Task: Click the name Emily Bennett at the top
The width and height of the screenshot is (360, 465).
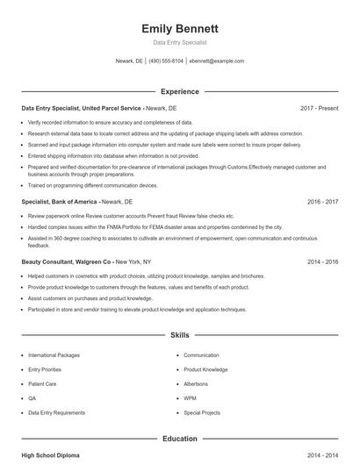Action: [179, 29]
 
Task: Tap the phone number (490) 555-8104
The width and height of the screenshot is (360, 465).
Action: [166, 61]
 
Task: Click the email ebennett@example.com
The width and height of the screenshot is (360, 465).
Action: [216, 61]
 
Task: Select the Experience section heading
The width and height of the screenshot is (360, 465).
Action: [179, 91]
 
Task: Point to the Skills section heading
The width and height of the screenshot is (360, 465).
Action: [179, 335]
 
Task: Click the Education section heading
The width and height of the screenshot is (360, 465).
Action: [179, 438]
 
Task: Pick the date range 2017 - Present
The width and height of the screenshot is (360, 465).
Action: [319, 108]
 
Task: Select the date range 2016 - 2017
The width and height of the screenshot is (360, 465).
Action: [322, 201]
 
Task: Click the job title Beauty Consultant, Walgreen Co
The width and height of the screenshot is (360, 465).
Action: [67, 261]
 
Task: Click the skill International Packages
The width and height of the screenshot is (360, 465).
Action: [54, 355]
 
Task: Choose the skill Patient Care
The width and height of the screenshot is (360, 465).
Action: [42, 383]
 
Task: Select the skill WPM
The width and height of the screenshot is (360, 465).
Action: [191, 397]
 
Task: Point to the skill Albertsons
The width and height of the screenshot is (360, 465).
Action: [197, 383]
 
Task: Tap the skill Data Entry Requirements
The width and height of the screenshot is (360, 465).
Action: [56, 411]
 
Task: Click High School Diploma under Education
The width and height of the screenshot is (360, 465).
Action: [51, 456]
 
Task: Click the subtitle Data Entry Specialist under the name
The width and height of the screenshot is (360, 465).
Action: [179, 42]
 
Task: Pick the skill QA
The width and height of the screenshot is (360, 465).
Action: [32, 397]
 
